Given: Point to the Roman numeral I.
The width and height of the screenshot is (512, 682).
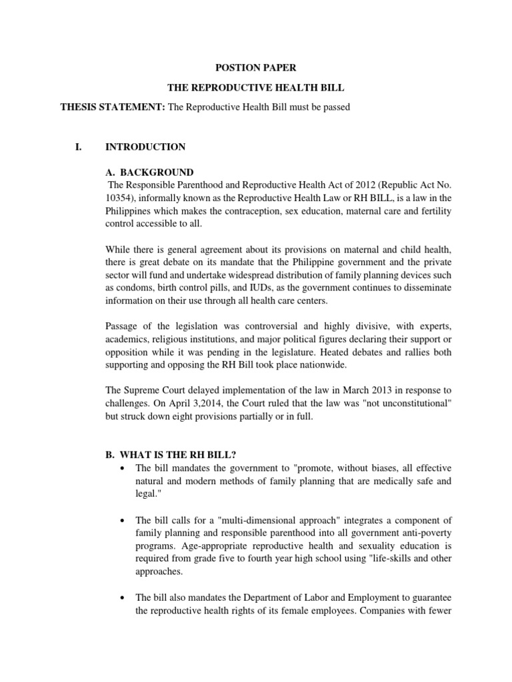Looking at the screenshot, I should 77,147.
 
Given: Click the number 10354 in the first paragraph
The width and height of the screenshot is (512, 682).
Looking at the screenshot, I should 119,198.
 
